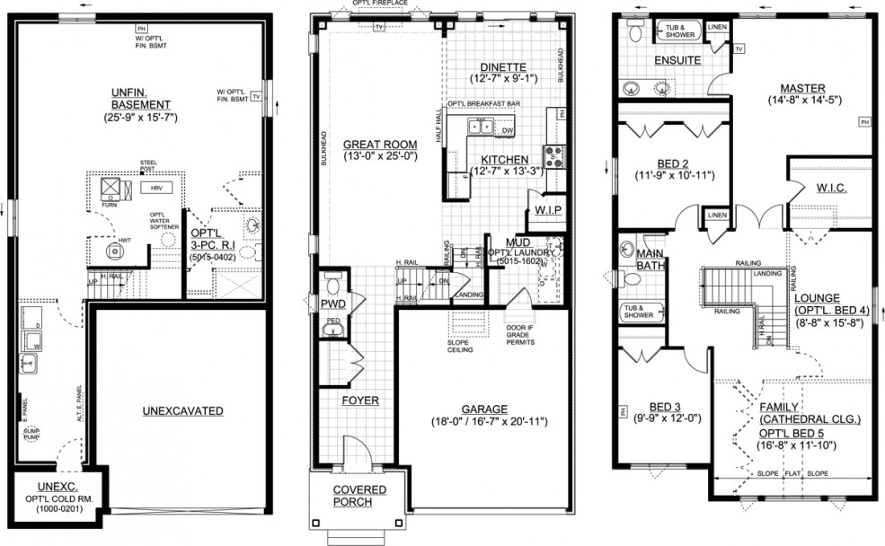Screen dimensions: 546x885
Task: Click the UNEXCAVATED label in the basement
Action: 182,411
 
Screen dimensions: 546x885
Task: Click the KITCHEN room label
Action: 503,159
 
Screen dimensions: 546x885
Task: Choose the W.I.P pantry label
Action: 548,209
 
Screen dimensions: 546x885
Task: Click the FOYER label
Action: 359,401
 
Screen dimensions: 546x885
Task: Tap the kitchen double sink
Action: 481,127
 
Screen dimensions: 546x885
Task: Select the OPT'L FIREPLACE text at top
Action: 380,4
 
